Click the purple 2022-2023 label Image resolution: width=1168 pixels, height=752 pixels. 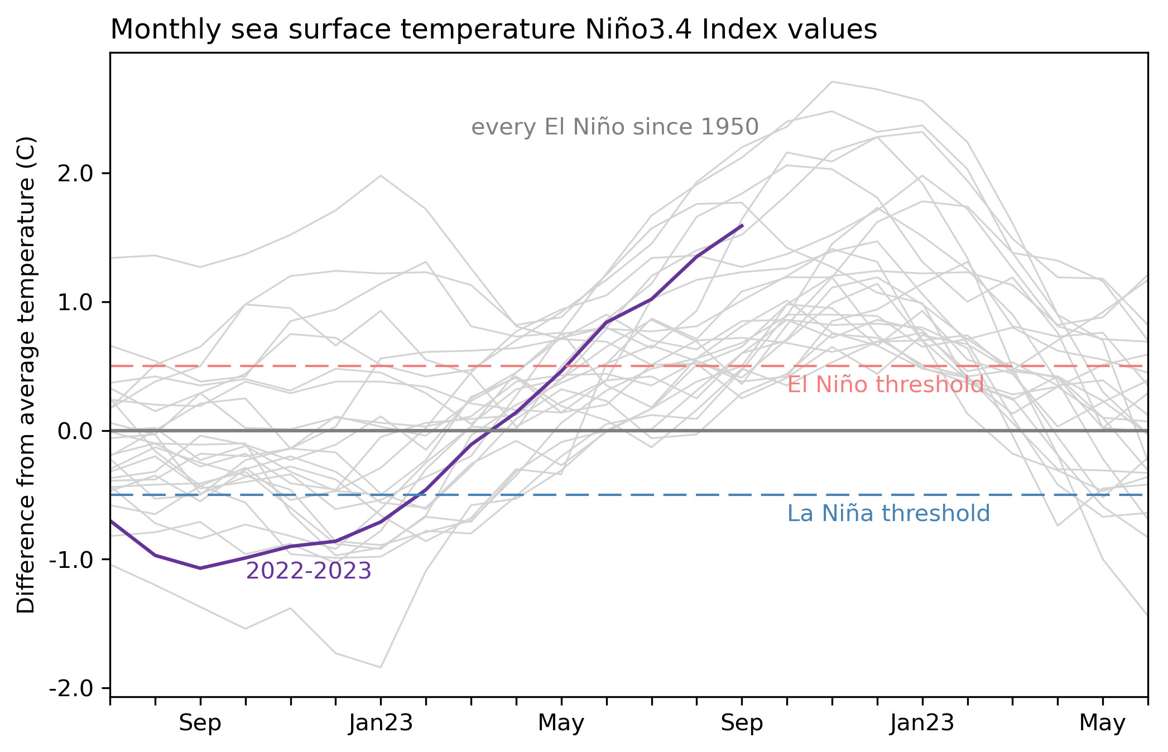point(309,571)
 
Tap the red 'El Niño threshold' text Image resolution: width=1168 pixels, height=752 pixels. point(885,385)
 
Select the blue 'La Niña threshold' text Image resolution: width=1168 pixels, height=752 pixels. point(888,514)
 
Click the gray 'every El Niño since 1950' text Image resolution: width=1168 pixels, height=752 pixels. point(615,128)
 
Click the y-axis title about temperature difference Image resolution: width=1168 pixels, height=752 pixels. point(26,375)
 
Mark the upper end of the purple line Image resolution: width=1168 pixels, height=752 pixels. point(742,225)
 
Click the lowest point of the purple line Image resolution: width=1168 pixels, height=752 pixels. point(200,568)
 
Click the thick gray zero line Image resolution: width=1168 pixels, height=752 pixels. point(837,431)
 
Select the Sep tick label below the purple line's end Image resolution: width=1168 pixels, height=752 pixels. point(742,724)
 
